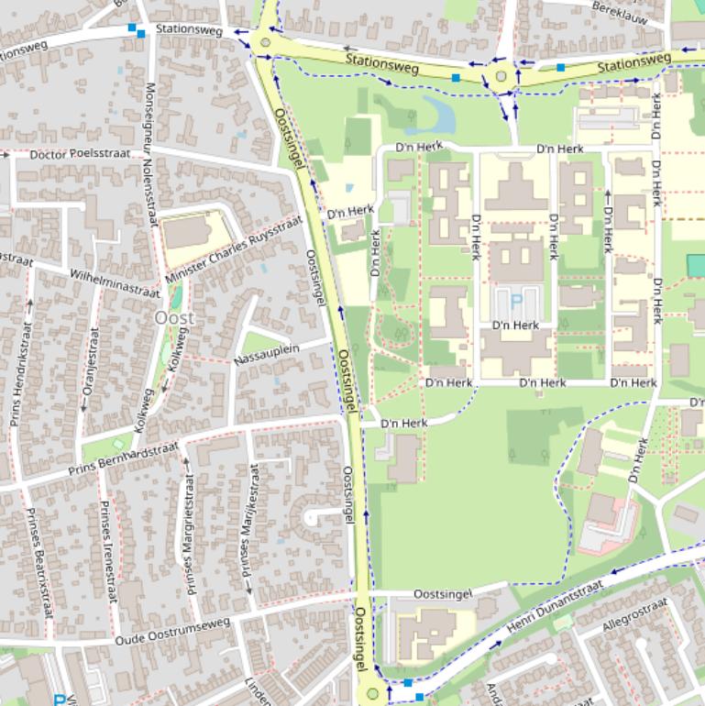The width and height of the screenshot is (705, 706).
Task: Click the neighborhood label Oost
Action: click(174, 317)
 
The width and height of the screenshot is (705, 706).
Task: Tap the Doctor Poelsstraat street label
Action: click(75, 154)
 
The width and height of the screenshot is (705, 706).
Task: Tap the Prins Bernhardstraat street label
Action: click(123, 461)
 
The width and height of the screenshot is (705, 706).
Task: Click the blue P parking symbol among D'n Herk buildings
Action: click(515, 299)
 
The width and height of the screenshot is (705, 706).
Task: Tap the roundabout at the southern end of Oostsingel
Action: click(372, 694)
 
